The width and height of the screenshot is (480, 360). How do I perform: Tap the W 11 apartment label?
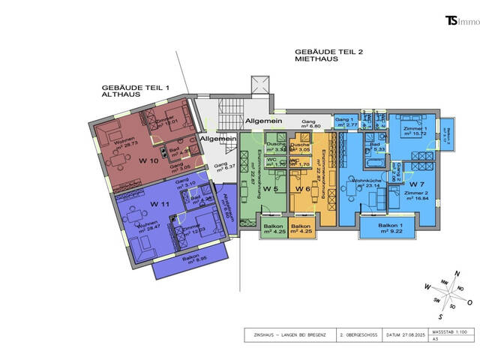[159, 204]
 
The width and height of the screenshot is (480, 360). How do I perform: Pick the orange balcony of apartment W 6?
[301, 227]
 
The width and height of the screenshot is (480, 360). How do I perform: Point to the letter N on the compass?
[458, 272]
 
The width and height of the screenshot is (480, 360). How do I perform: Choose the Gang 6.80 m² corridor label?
[308, 123]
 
